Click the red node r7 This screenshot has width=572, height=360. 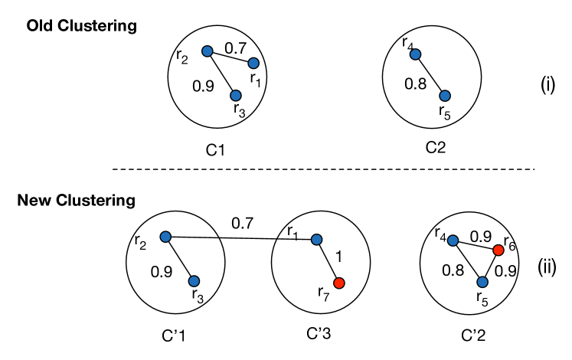point(340,283)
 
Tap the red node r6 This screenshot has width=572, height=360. point(498,250)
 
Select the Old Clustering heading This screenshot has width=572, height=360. point(82,26)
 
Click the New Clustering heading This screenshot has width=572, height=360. point(76,201)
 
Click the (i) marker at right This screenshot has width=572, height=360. point(547,85)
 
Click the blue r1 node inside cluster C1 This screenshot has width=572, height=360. point(253,63)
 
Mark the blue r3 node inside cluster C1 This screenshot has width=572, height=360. point(236,95)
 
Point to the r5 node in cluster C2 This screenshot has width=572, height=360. point(445,96)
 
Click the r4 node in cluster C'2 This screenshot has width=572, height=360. point(453,241)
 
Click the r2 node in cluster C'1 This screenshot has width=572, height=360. point(165,237)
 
